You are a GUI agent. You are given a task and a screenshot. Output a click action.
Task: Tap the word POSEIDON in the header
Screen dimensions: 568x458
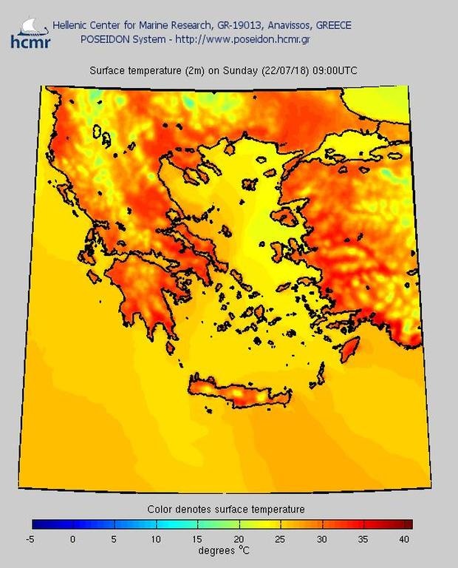point(104,38)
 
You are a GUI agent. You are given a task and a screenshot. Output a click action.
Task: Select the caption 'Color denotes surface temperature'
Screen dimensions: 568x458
point(225,509)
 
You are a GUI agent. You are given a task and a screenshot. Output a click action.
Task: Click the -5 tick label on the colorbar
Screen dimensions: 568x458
point(30,539)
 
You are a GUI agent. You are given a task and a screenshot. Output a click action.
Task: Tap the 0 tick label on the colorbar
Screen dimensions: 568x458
point(72,539)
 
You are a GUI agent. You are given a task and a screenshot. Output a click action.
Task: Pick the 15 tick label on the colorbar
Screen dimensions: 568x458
point(197,539)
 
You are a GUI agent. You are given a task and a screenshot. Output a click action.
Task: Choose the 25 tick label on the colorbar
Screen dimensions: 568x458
point(280,539)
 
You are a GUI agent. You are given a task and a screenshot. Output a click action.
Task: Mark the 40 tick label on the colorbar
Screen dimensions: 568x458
point(405,539)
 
